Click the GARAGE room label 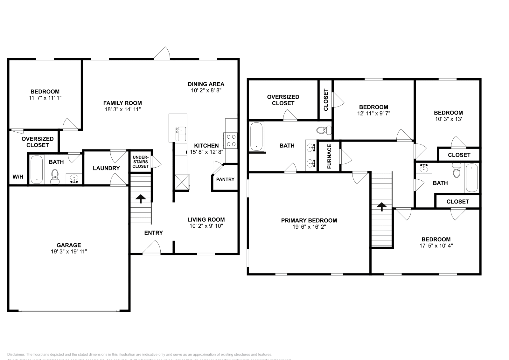pos(69,245)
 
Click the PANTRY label pos(225,179)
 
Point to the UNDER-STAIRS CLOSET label pos(140,162)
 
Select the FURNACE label pos(329,156)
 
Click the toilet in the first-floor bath pos(55,177)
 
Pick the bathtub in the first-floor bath pos(37,169)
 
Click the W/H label pos(18,177)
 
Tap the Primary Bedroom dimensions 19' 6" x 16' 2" pos(309,227)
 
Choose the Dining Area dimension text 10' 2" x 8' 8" pos(206,90)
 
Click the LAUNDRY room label pos(106,168)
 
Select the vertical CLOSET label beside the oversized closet pos(326,100)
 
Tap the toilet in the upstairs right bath pos(457,170)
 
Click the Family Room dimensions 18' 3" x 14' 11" pos(122,109)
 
